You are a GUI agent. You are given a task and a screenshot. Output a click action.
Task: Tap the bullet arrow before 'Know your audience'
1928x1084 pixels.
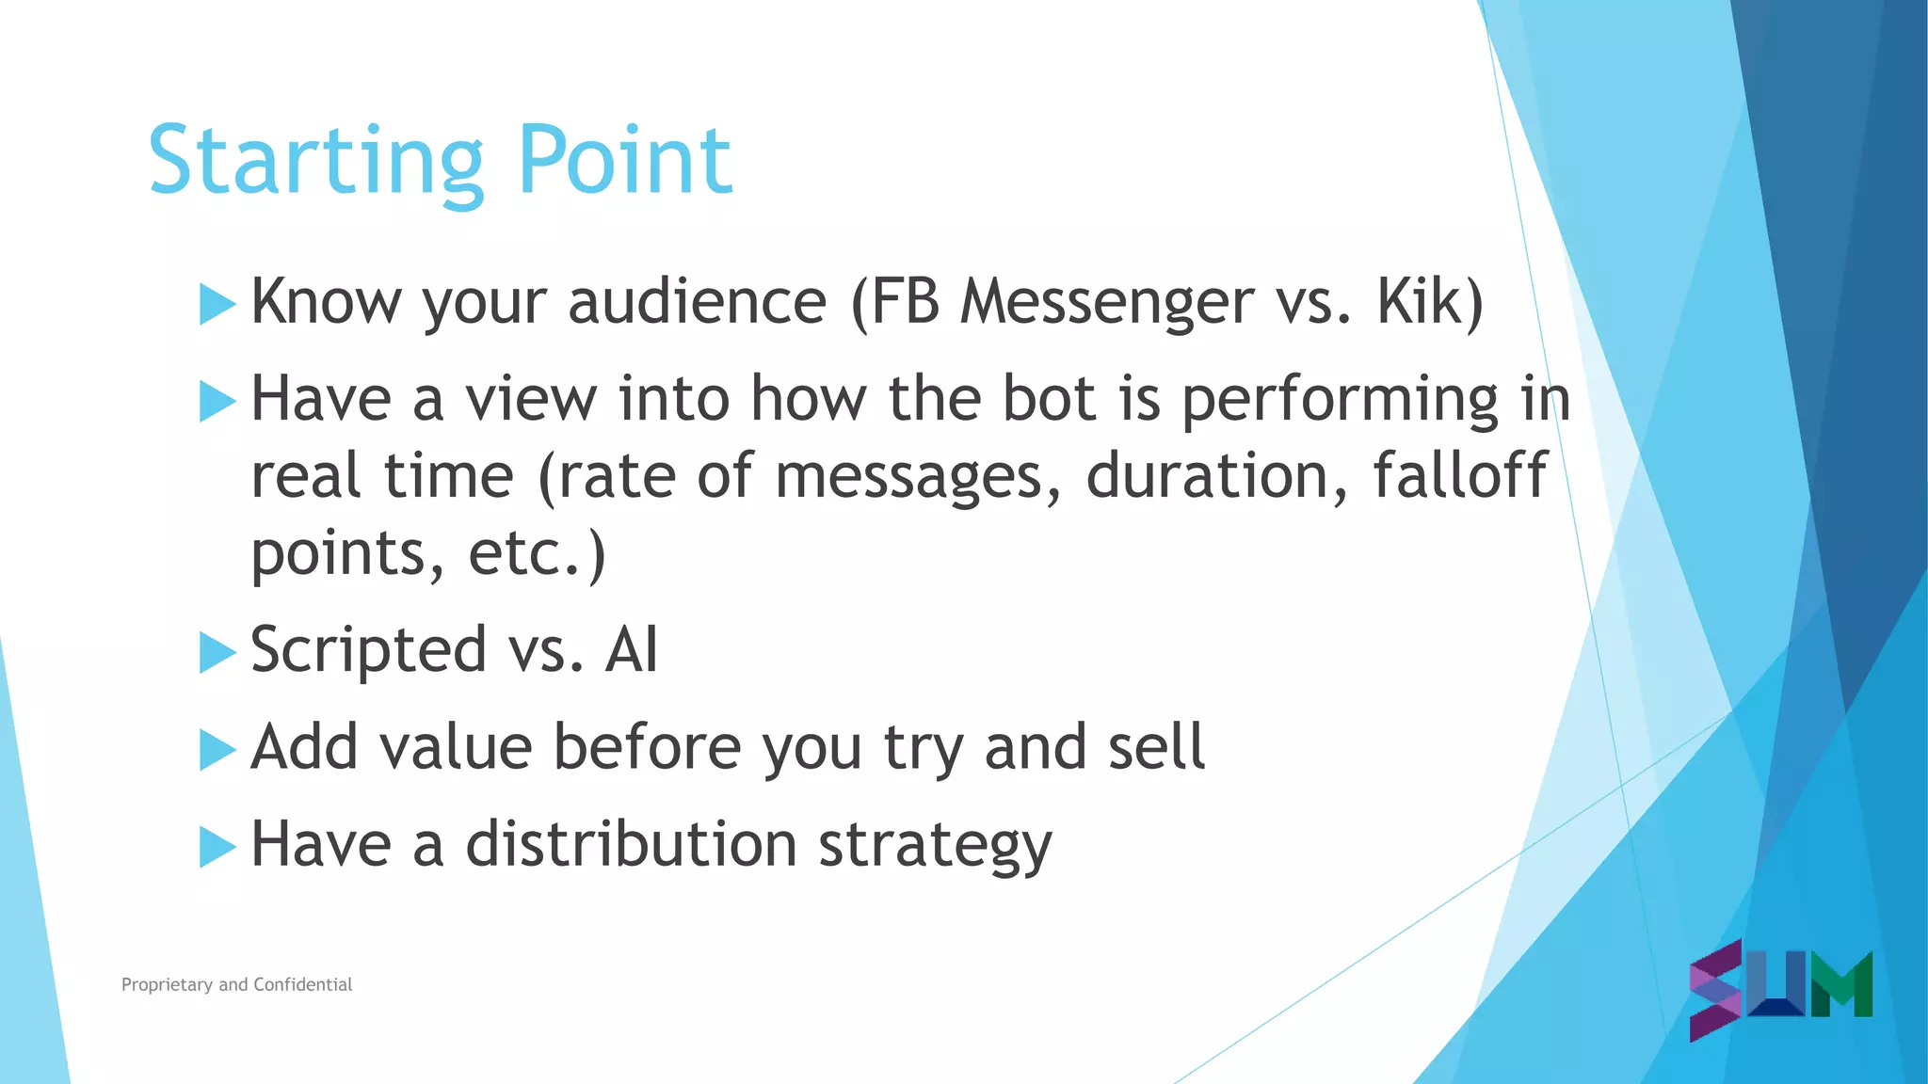point(217,305)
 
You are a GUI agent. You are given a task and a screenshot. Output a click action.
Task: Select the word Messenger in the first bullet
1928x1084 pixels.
point(1106,303)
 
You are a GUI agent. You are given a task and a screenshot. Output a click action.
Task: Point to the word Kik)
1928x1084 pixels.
point(1430,303)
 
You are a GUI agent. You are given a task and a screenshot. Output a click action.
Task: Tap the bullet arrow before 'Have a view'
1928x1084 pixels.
point(217,402)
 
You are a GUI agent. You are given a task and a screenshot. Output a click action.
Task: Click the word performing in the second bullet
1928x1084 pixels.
point(1340,401)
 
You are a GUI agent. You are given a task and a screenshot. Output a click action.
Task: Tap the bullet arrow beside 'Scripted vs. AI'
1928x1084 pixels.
point(217,653)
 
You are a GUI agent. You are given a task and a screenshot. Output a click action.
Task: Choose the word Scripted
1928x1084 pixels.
point(368,651)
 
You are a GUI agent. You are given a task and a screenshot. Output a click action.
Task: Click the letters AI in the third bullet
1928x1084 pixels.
point(631,650)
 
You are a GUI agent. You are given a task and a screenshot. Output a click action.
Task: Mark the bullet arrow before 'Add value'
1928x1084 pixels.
point(217,750)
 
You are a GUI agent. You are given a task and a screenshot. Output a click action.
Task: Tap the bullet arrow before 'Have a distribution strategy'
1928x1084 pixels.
point(217,847)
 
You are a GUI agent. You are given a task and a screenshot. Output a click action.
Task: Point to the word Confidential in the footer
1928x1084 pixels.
point(302,984)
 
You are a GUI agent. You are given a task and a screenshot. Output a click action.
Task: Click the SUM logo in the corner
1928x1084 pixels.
point(1780,989)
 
